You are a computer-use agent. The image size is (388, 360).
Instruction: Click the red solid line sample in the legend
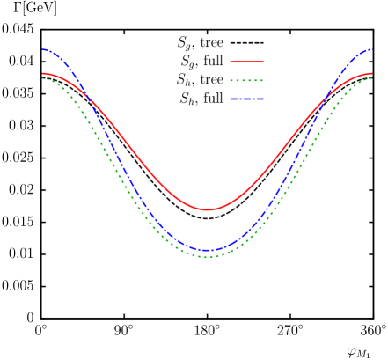[246, 62]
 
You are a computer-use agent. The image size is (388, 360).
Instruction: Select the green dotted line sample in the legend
[246, 81]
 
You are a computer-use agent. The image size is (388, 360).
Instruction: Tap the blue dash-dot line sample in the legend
[246, 99]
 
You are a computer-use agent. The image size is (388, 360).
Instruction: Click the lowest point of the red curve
[208, 209]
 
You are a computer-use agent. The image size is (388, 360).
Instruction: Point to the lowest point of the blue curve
[208, 250]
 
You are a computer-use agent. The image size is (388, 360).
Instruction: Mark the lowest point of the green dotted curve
[208, 256]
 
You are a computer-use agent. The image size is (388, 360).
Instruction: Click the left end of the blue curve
[42, 49]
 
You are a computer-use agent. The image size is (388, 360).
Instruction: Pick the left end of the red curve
[42, 74]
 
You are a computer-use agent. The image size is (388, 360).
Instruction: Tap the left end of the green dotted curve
[42, 78]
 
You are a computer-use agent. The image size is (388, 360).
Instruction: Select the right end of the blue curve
[372, 49]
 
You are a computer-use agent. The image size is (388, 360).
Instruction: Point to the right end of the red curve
[372, 74]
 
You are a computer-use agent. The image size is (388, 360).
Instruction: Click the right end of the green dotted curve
[372, 78]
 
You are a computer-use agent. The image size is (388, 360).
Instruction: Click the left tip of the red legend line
[231, 62]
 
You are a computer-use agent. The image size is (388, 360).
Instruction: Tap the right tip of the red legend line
[263, 62]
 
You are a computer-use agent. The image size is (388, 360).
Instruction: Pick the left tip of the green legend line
[231, 81]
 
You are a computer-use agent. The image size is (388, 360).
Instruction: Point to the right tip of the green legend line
[263, 81]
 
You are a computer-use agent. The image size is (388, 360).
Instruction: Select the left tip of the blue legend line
[231, 99]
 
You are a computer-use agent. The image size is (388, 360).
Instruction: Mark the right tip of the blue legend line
[263, 99]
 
